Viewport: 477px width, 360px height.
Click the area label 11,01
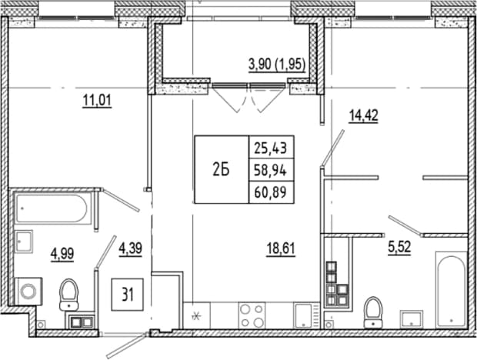pyautogui.click(x=97, y=101)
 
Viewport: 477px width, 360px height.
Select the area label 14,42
pyautogui.click(x=364, y=116)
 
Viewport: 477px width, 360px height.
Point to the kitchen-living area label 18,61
pyautogui.click(x=281, y=250)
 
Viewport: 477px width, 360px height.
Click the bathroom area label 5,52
pyautogui.click(x=399, y=247)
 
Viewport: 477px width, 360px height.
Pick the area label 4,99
pyautogui.click(x=62, y=254)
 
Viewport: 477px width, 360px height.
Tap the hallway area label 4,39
pyautogui.click(x=131, y=249)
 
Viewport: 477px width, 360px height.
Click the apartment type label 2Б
pyautogui.click(x=221, y=170)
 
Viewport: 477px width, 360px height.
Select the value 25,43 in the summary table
pyautogui.click(x=271, y=148)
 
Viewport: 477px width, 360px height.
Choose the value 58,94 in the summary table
pyautogui.click(x=271, y=171)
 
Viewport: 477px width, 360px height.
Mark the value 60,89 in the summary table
pyautogui.click(x=271, y=192)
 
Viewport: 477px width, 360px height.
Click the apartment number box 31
pyautogui.click(x=128, y=295)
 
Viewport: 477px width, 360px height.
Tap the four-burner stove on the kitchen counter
pyautogui.click(x=252, y=315)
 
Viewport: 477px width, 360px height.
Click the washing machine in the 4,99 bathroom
pyautogui.click(x=28, y=292)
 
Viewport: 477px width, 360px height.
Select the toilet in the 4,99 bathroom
pyautogui.click(x=69, y=295)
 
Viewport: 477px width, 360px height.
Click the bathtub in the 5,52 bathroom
pyautogui.click(x=452, y=289)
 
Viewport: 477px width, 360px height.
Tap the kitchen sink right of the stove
pyautogui.click(x=304, y=315)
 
